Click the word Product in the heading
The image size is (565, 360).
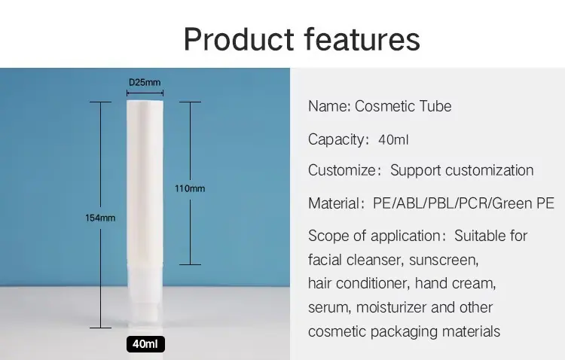239,39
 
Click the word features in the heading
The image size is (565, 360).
362,39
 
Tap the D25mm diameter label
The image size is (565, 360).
145,82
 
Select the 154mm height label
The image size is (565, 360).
100,218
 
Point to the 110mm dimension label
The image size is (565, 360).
190,188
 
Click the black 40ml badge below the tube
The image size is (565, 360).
145,343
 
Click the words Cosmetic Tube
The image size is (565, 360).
403,106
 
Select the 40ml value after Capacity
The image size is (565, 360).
393,139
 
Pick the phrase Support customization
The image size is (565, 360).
462,170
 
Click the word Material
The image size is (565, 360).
333,203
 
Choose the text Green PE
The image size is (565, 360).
523,203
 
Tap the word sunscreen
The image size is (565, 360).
444,260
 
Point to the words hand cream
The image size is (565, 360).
455,283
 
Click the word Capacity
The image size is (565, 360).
337,140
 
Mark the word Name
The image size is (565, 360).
328,106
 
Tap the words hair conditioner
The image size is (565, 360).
359,283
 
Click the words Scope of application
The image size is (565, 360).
374,236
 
